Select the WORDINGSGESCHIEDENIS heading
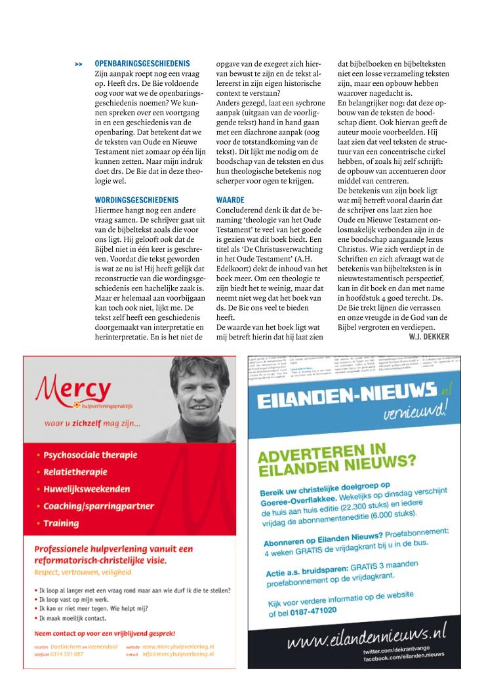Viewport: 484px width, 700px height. point(136,199)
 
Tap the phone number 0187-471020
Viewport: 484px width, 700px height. point(312,610)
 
